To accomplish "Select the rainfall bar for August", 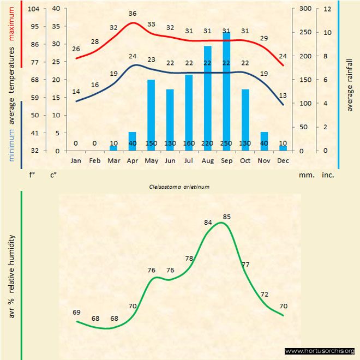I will click(x=207, y=98).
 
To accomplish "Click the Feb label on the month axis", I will click(x=95, y=161).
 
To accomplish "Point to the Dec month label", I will click(x=283, y=161).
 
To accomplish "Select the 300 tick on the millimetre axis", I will click(x=305, y=9).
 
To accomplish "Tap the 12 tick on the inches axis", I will click(x=327, y=9).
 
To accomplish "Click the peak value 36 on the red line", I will click(x=133, y=13).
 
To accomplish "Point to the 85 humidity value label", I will click(x=227, y=217).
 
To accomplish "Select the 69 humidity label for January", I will click(x=76, y=313).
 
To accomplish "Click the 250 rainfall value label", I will click(x=226, y=143).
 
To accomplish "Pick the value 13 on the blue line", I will click(x=283, y=95).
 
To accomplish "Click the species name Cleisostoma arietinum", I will click(x=179, y=186).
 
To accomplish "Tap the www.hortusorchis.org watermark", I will click(x=320, y=351).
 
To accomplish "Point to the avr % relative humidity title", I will click(x=11, y=284).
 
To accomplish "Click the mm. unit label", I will click(x=305, y=175).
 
